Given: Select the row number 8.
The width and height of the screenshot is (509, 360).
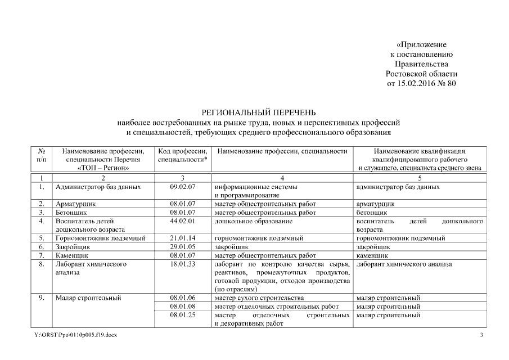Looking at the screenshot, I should (x=42, y=264).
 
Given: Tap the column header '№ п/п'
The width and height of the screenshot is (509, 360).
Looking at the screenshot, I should (x=42, y=155).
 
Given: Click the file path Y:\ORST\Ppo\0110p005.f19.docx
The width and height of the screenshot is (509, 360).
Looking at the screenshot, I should (x=76, y=335).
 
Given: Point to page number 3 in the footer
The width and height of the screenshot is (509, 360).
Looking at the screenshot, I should (x=481, y=335).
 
